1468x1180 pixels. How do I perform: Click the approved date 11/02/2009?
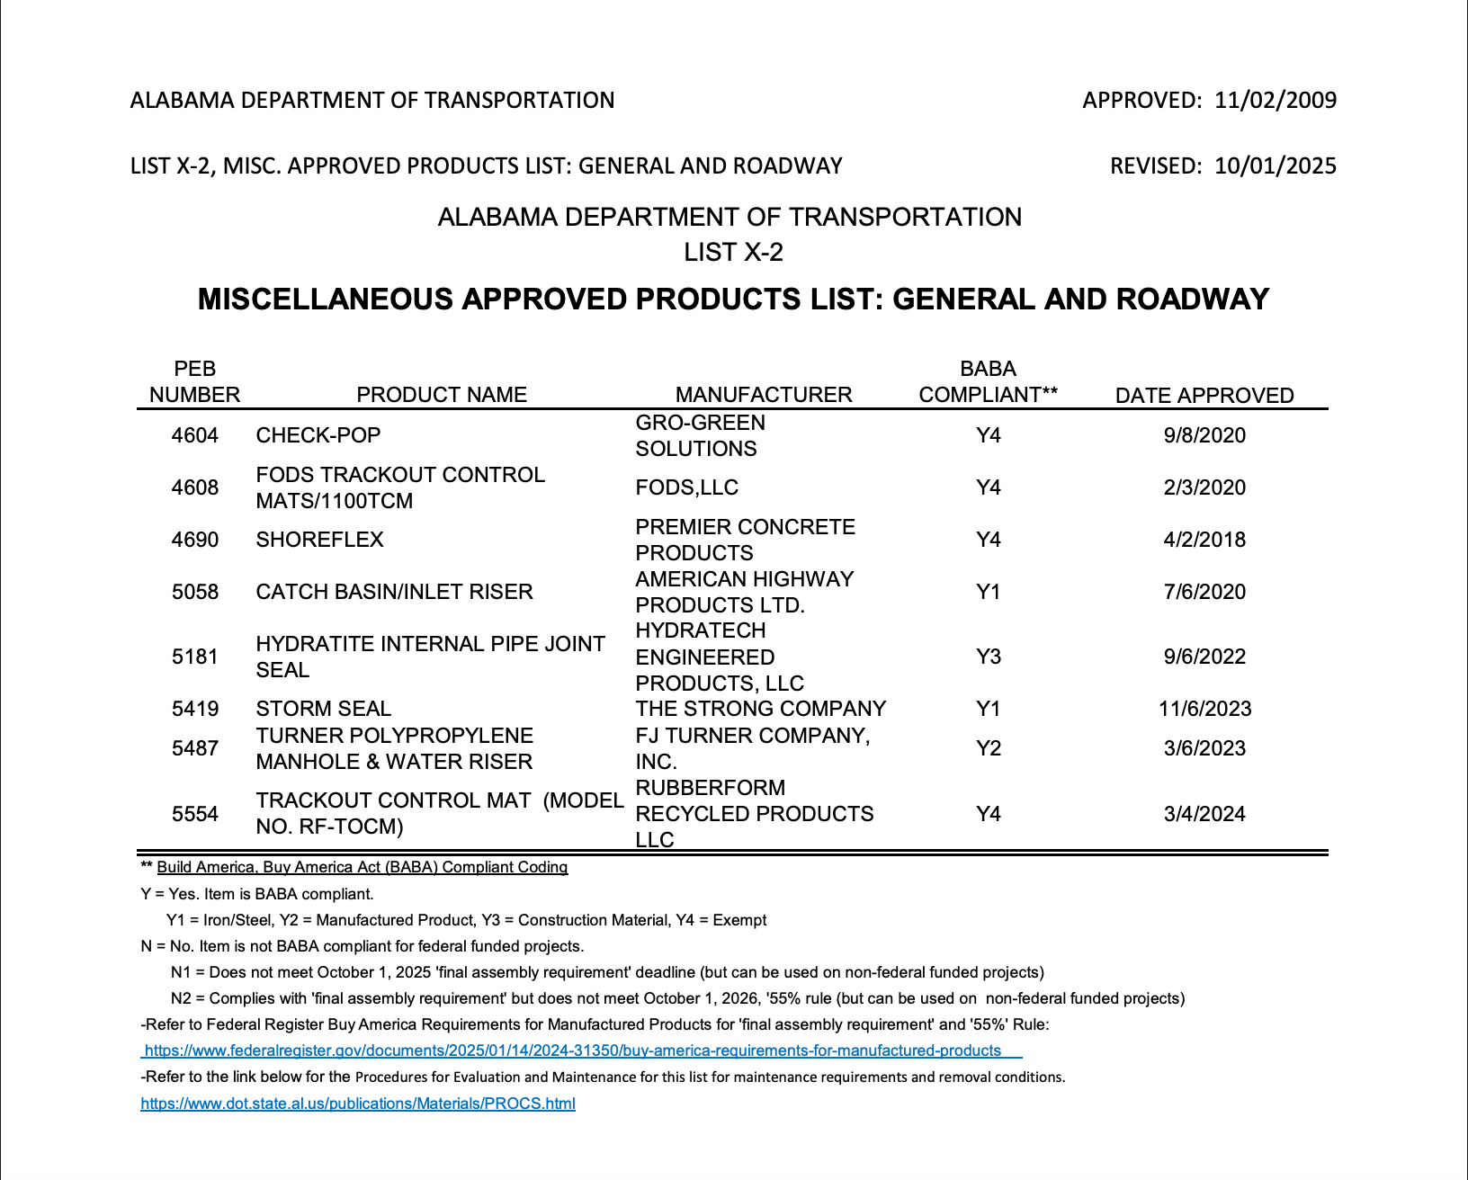pos(1275,100)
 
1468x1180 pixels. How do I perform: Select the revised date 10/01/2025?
pos(1275,165)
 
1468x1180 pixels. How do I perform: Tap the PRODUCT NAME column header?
pos(441,395)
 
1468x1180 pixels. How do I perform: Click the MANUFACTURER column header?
pos(763,395)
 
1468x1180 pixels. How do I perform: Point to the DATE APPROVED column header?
pos(1204,396)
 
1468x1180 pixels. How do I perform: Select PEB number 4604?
pos(195,435)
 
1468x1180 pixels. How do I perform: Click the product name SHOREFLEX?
pos(319,540)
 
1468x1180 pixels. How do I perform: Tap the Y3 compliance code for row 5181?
pos(988,657)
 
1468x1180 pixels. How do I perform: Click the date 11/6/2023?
pos(1204,709)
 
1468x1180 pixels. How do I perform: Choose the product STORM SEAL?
pos(323,709)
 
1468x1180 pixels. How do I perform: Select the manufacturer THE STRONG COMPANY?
pos(760,709)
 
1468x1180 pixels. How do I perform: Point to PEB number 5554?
pos(195,814)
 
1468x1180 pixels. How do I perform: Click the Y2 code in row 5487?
pos(988,748)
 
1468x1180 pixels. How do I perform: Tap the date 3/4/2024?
pos(1204,814)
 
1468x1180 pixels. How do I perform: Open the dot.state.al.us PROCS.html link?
pos(358,1104)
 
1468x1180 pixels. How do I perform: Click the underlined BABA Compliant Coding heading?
pos(362,867)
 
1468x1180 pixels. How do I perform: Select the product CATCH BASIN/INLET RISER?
pos(394,592)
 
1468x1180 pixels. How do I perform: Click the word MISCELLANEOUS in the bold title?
pos(326,299)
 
